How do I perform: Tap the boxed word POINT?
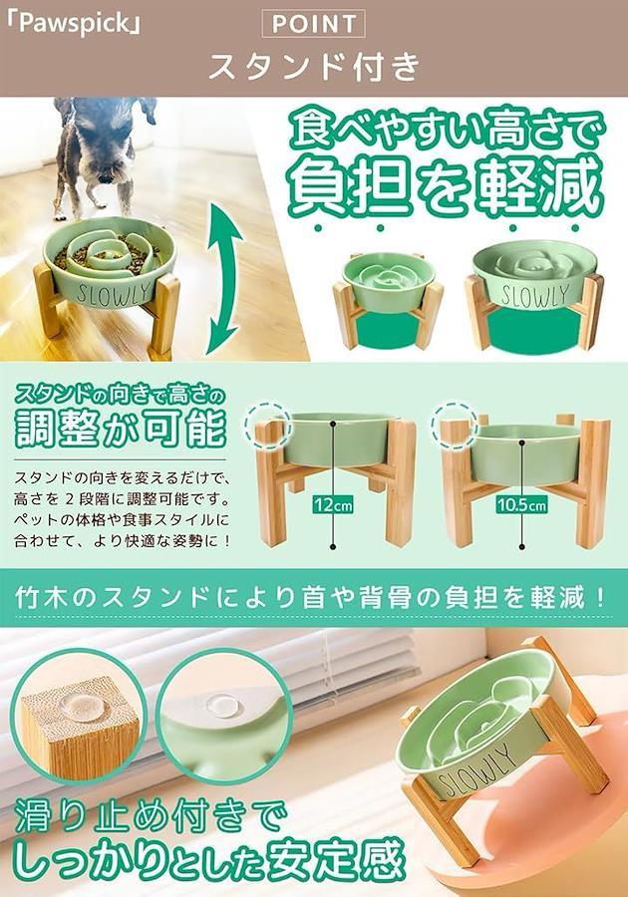click(313, 24)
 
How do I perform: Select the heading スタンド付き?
click(314, 67)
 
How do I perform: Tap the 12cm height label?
click(332, 504)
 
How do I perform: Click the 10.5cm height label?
click(521, 504)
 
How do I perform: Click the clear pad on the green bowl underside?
click(223, 705)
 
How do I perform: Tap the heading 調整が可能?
click(120, 428)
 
